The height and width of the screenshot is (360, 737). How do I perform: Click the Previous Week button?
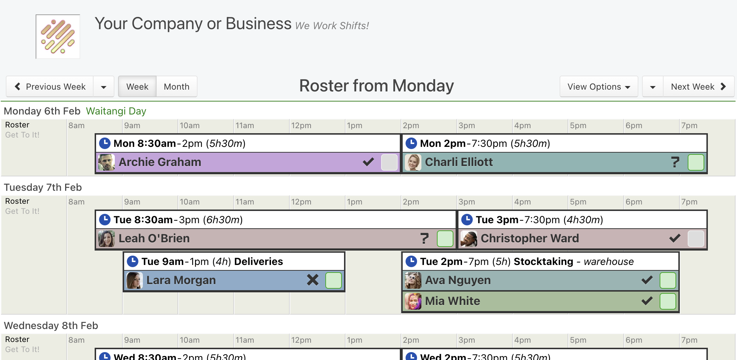tap(50, 86)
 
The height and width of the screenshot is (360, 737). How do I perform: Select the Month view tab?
tap(177, 86)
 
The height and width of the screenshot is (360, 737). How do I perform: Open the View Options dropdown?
tap(599, 86)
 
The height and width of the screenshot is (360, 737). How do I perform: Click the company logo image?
tap(58, 37)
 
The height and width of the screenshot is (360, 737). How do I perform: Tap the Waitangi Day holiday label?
tap(116, 111)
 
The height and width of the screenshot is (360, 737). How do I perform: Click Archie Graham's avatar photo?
tap(107, 162)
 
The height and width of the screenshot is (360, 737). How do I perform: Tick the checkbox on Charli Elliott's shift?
tap(696, 162)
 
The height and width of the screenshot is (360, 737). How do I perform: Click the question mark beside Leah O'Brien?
tap(425, 238)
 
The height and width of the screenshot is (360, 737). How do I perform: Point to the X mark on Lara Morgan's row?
tap(313, 280)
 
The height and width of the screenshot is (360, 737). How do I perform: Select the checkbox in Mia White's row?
tap(668, 301)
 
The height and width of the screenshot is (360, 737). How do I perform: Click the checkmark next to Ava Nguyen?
tap(647, 280)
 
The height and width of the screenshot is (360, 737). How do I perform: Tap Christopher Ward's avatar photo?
tap(469, 239)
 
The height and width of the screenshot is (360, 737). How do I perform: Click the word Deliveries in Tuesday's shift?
tap(258, 261)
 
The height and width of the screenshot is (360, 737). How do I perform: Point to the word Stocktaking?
tap(543, 261)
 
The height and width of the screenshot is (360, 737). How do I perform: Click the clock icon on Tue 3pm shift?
tap(467, 219)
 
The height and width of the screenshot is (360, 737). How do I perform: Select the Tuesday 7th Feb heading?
tap(43, 187)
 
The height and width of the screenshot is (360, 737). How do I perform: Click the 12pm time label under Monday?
tap(301, 126)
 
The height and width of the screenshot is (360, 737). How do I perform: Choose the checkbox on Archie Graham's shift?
tap(389, 162)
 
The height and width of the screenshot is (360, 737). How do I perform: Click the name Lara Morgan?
tap(181, 280)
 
